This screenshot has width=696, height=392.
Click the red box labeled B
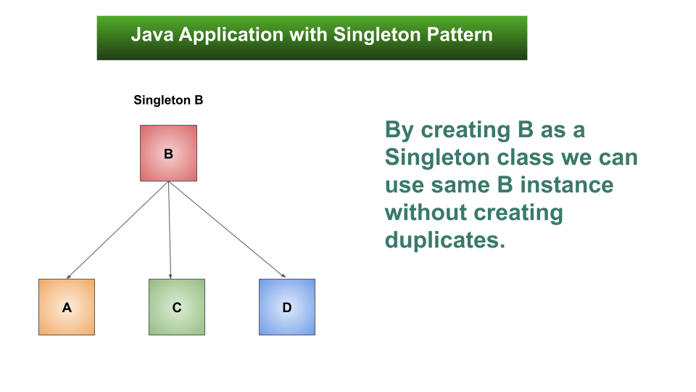pos(168,153)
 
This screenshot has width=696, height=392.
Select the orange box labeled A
pos(67,307)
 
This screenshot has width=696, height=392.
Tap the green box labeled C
pos(177,307)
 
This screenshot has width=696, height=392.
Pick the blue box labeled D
pos(287,307)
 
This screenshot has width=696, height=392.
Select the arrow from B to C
pos(170,230)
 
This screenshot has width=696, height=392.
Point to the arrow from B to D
pos(227,230)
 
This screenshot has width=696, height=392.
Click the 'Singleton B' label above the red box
pos(168,100)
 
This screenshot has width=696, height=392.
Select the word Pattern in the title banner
pos(460,35)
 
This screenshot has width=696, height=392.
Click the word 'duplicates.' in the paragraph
pos(444,240)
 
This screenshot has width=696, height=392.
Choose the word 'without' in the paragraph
pos(426,213)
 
